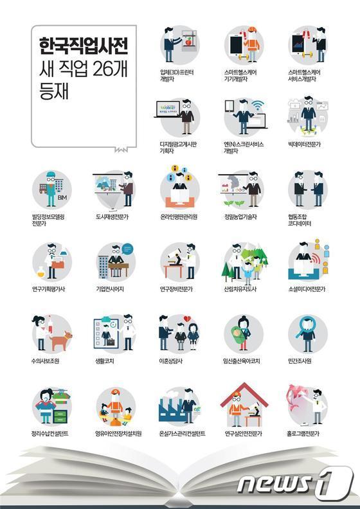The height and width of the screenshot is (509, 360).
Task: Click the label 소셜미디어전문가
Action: click(x=307, y=289)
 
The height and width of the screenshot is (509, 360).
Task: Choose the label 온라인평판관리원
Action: click(x=180, y=217)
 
